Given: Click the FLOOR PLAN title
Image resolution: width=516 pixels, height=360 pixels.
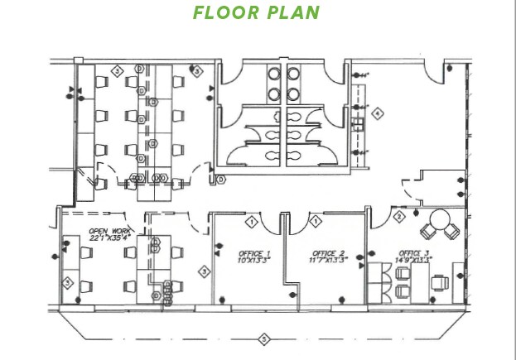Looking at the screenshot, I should coord(255,13).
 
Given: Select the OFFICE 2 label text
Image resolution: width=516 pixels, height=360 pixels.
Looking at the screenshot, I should coord(328,253).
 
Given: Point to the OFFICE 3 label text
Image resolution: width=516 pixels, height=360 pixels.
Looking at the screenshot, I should coord(414,253).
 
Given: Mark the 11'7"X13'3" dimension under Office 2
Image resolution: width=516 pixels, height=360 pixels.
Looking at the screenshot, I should coord(329,262).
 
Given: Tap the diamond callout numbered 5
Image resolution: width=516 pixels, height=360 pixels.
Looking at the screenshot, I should coord(264,338).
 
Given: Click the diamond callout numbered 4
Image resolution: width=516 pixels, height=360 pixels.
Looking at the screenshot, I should coord(378,113).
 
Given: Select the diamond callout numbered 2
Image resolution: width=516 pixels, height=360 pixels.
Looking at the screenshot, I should coord(398,217).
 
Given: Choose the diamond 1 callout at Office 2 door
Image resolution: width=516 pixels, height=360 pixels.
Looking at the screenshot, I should coord(316,221).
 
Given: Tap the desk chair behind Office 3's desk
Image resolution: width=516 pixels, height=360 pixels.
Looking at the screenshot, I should coord(441,283).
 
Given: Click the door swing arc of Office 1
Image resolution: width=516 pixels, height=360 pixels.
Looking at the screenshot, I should coord(273,223).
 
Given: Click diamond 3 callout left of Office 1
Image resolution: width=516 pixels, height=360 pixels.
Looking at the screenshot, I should coord(203,271).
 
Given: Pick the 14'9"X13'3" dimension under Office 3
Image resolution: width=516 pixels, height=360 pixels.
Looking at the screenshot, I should coord(415,262).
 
